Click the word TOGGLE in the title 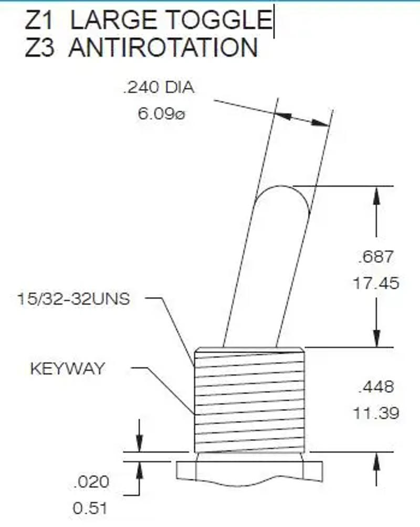click(x=218, y=19)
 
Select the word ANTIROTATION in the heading click(x=163, y=47)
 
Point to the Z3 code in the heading click(x=40, y=47)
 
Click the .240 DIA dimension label click(x=158, y=88)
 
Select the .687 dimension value click(x=374, y=257)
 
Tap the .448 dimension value click(x=374, y=387)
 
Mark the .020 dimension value click(x=91, y=481)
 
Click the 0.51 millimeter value click(x=91, y=508)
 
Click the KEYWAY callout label click(x=67, y=368)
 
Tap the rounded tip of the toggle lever click(x=284, y=195)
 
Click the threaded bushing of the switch click(x=249, y=399)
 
